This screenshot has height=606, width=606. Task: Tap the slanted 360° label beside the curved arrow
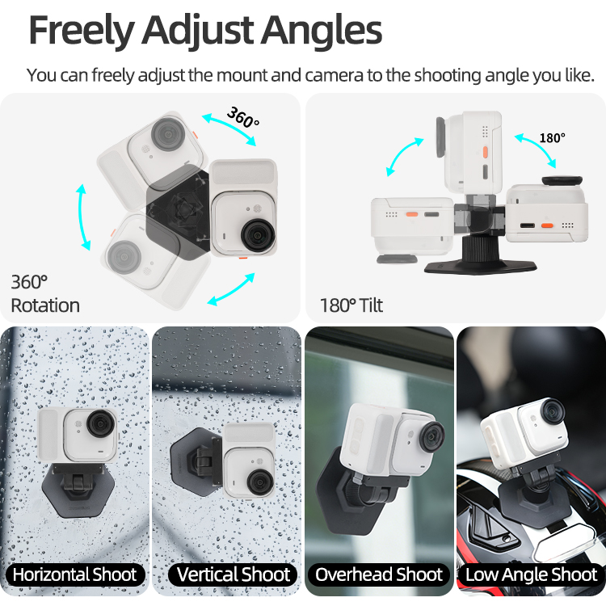pos(243,117)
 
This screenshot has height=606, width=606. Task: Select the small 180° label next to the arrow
pos(553,138)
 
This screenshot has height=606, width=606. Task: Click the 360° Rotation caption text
pos(45,294)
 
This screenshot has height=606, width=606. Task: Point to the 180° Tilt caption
pos(351,305)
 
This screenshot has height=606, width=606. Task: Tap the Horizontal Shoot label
pos(74,574)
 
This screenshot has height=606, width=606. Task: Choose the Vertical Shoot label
pos(233,574)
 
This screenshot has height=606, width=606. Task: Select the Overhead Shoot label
pos(379,574)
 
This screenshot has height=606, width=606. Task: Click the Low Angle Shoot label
pos(531,574)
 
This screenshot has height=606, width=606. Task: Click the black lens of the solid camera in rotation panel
pos(258,234)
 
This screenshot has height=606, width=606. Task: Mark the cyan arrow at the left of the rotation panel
pos(82,217)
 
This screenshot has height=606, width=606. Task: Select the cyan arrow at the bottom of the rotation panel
pos(231,289)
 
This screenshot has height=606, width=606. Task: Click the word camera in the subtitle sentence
pos(334,75)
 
